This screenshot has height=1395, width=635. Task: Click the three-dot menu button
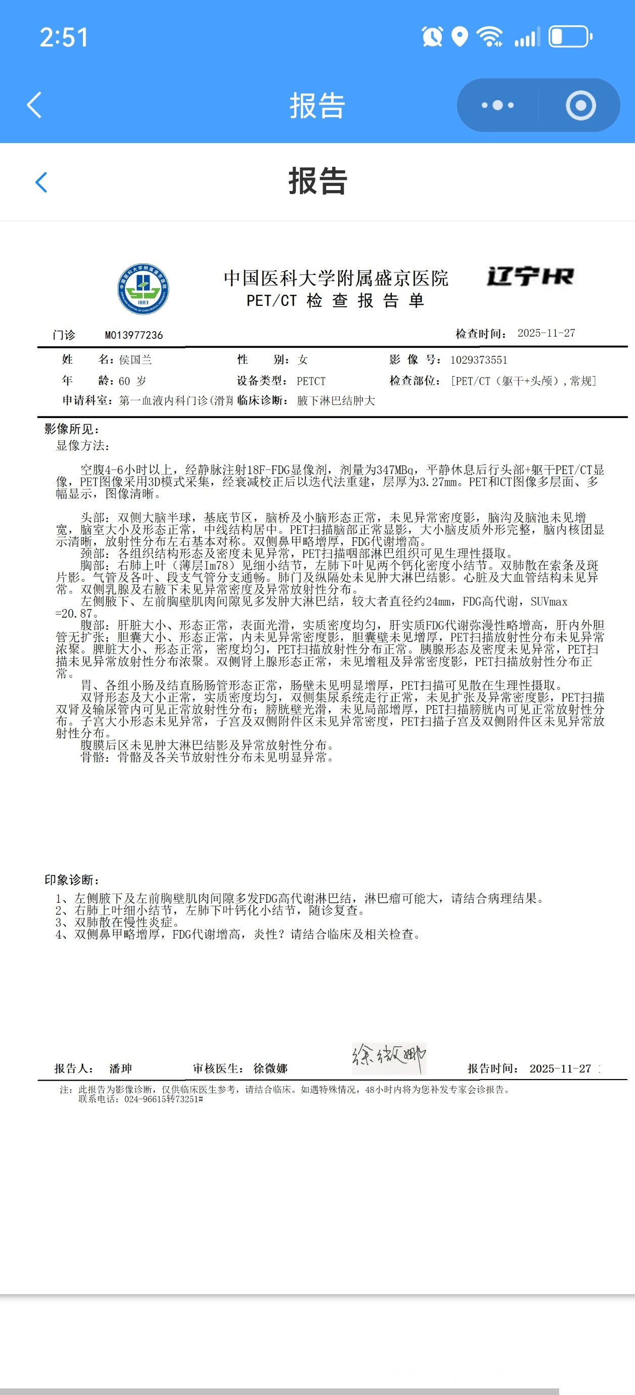pos(497,105)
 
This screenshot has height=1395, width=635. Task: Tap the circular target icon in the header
pos(580,105)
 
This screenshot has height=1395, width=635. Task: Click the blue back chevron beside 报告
pos(41,182)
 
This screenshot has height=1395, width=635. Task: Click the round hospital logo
pos(143,289)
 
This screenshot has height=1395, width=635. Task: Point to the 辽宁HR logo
pos(530,277)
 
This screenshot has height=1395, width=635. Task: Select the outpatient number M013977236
pos(134,335)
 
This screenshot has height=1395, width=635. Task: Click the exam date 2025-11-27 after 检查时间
pos(546,333)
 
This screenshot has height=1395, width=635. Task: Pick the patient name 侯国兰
pos(135,359)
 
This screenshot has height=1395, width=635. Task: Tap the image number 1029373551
pos(478,360)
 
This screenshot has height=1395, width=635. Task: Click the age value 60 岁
pos(132,381)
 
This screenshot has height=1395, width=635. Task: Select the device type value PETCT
pos(311,381)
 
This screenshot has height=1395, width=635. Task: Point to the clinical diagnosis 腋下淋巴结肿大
pos(336,401)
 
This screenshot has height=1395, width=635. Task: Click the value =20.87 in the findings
pos(74,614)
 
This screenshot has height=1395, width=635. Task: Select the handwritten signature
pos(388,1057)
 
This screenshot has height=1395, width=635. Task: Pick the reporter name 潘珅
pos(120,1068)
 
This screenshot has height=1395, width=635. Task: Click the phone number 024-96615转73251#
pos(164,1099)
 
